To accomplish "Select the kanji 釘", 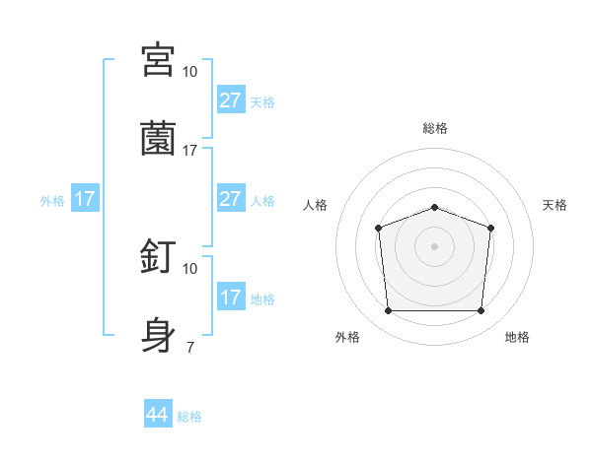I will click(158, 256).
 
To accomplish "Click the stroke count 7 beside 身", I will click(189, 347).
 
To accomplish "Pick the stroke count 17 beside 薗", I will click(190, 150).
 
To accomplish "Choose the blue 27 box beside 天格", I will click(231, 100).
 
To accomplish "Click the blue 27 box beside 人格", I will click(231, 199).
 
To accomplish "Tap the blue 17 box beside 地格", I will click(231, 298).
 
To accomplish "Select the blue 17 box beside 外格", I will click(85, 199).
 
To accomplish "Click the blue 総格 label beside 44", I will click(189, 417).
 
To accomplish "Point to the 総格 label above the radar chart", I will click(434, 128).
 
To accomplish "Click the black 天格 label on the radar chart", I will click(555, 205).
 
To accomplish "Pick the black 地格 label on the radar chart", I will click(517, 337).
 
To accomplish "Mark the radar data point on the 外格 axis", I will click(388, 311).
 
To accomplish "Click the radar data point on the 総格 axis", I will click(434, 207).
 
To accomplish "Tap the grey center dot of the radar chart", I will click(434, 245).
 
